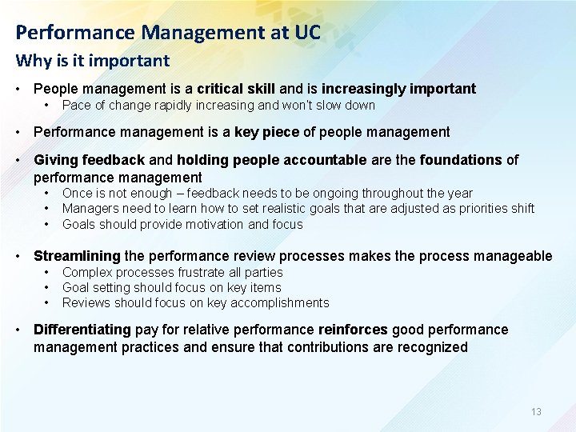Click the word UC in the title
coord(306,33)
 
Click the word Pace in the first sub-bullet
coord(77,106)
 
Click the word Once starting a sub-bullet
coord(78,194)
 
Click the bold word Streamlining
coord(77,256)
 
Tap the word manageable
coord(513,256)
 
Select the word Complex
coord(86,273)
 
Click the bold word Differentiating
coord(82,330)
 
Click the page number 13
coord(536,412)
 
